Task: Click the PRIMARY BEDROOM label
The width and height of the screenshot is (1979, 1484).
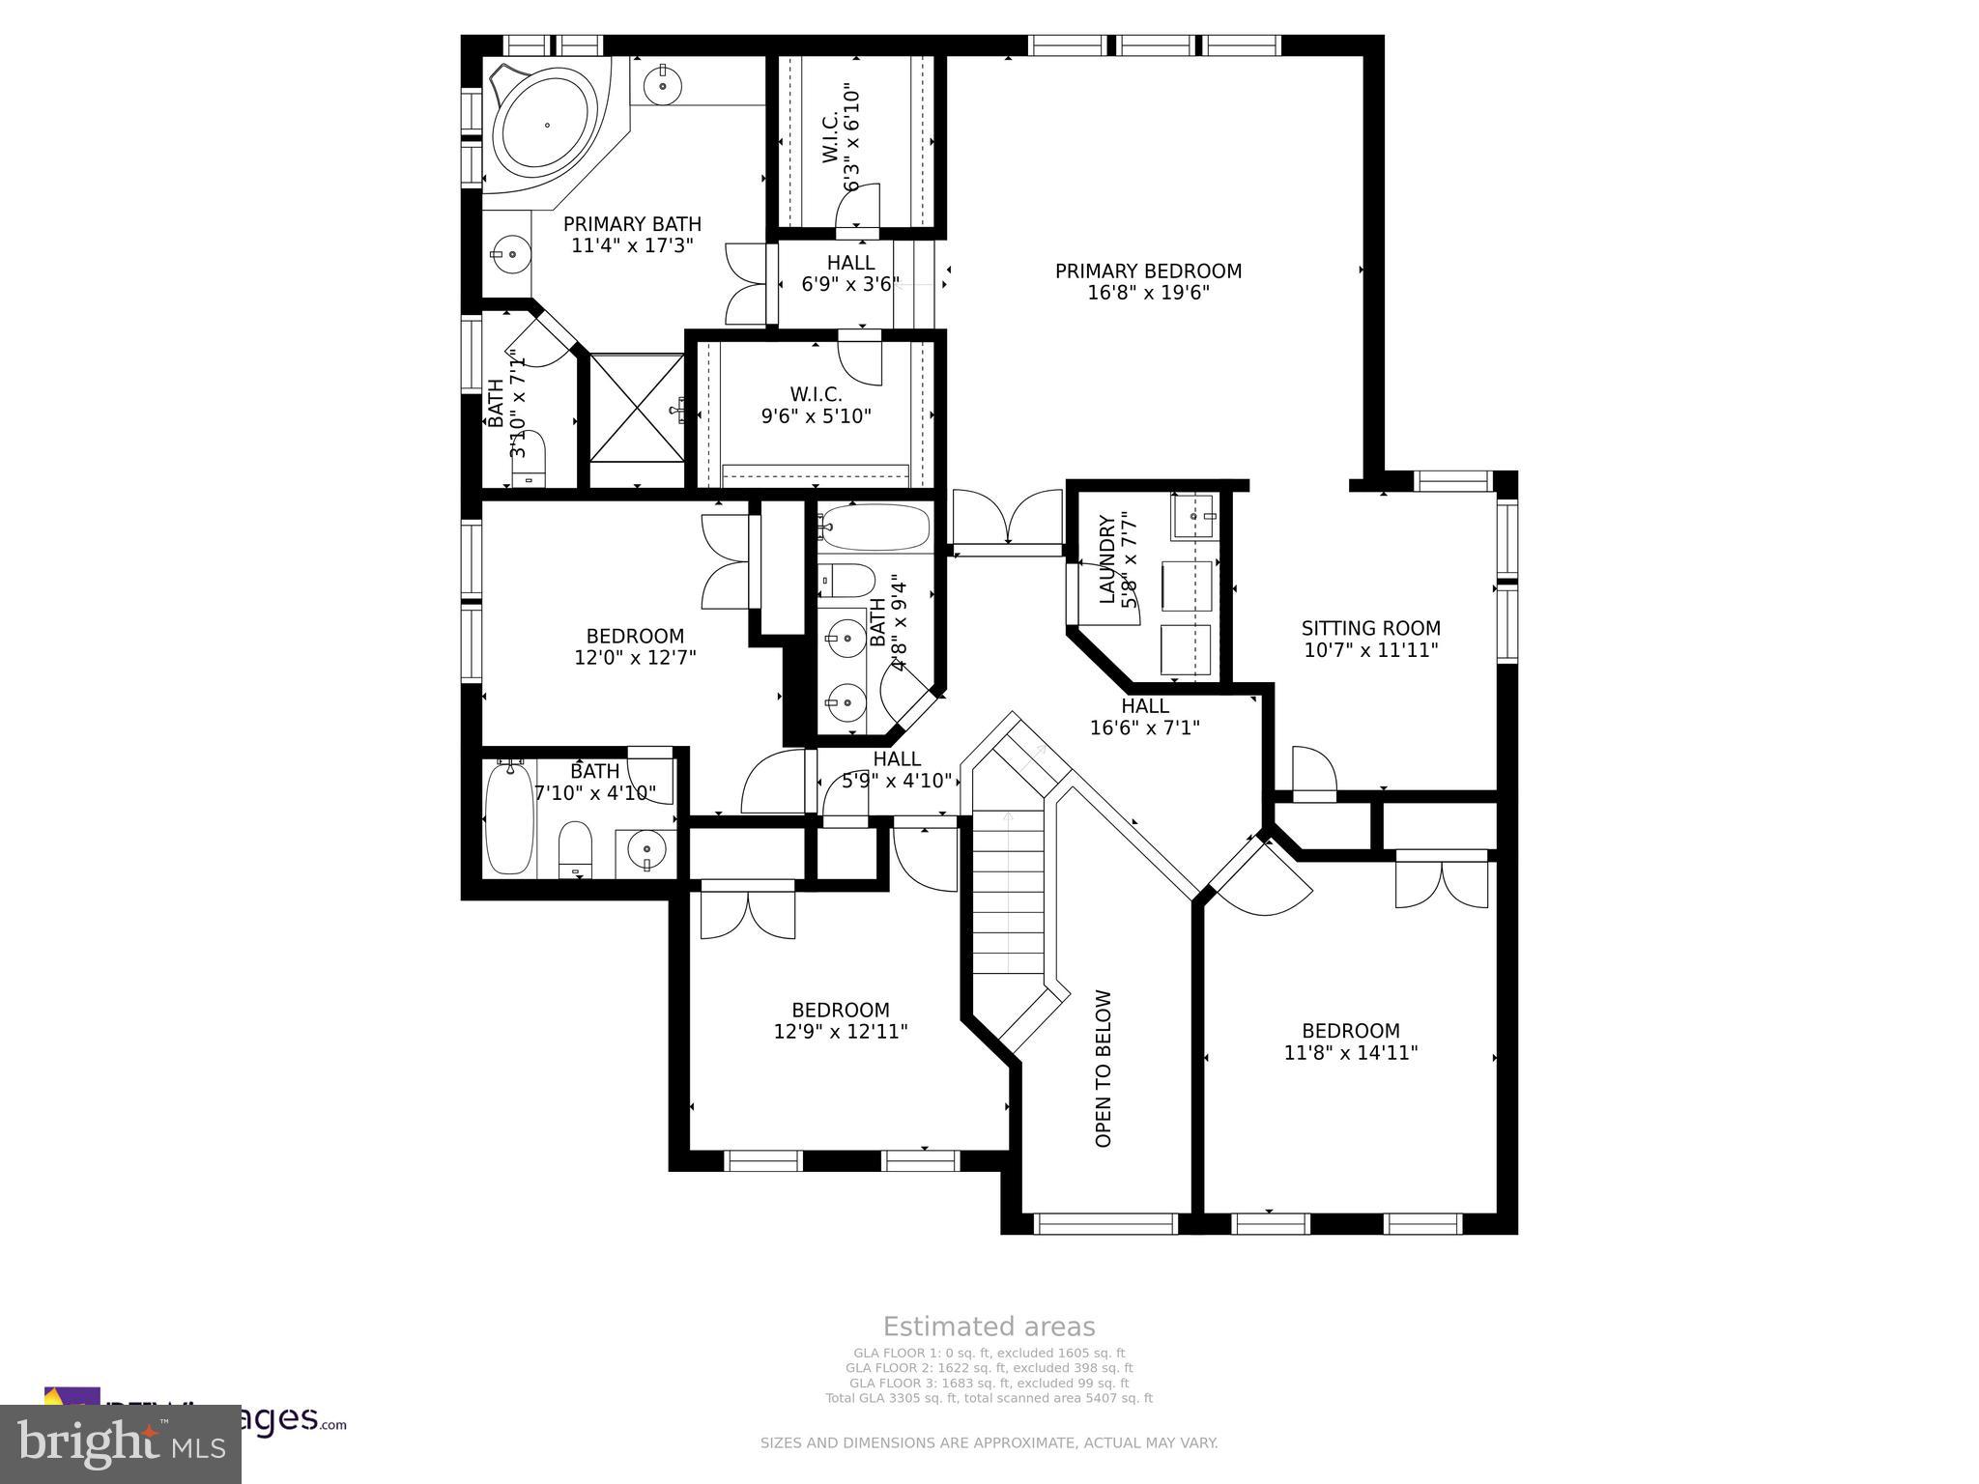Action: coord(1148,271)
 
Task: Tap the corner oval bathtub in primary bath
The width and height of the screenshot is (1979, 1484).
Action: coord(547,126)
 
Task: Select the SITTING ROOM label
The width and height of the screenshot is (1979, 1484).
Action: coord(1370,629)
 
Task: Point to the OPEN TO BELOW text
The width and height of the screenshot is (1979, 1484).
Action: coord(1104,1069)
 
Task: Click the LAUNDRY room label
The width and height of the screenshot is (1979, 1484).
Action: coord(1108,560)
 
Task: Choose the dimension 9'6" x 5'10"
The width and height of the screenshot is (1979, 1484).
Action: coord(816,416)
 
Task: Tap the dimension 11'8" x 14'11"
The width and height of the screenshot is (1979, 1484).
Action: coord(1350,1053)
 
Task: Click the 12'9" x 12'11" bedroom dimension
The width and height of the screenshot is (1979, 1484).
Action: coord(840,1032)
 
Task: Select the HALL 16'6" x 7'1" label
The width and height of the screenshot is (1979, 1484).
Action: coord(1145,717)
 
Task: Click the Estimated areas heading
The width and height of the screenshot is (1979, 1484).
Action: coord(989,1327)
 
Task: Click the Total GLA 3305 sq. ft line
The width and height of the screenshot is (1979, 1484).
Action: coord(989,1398)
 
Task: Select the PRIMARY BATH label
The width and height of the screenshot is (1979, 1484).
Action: coord(632,224)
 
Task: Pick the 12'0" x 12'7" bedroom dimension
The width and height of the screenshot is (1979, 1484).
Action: coord(635,658)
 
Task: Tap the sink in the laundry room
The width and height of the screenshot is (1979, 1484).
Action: coord(1195,518)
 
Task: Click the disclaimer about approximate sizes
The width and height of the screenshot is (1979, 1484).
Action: coord(989,1443)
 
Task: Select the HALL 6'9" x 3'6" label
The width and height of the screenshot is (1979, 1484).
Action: coord(850,273)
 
